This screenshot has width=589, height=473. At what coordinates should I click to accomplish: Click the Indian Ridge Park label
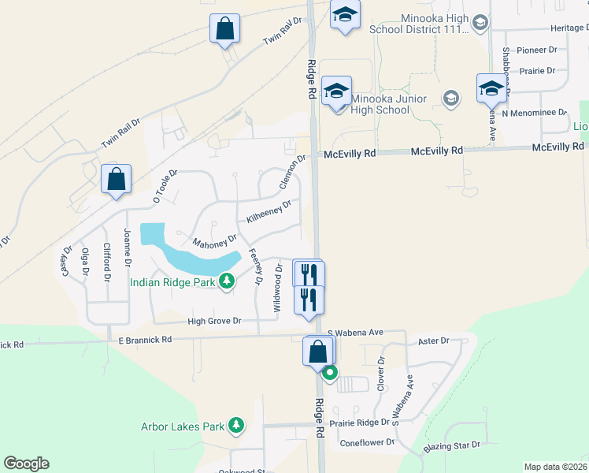coord(173,282)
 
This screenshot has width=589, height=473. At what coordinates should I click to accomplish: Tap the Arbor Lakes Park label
coord(183,427)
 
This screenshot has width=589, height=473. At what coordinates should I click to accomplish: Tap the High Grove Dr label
coord(214,322)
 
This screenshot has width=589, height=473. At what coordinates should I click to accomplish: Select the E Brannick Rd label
coord(145,340)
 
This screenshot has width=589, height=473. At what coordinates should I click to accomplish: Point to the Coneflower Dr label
coord(367,443)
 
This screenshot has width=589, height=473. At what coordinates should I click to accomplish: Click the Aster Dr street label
coord(434,341)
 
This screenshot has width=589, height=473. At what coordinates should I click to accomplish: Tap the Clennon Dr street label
coord(292,172)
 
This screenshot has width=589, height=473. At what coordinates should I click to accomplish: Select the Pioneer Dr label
coord(536,50)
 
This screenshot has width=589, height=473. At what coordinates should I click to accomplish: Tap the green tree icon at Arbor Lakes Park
coord(236,426)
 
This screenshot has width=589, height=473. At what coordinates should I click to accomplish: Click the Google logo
coord(26,464)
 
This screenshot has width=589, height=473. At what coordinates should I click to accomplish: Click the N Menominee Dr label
coord(535,113)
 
